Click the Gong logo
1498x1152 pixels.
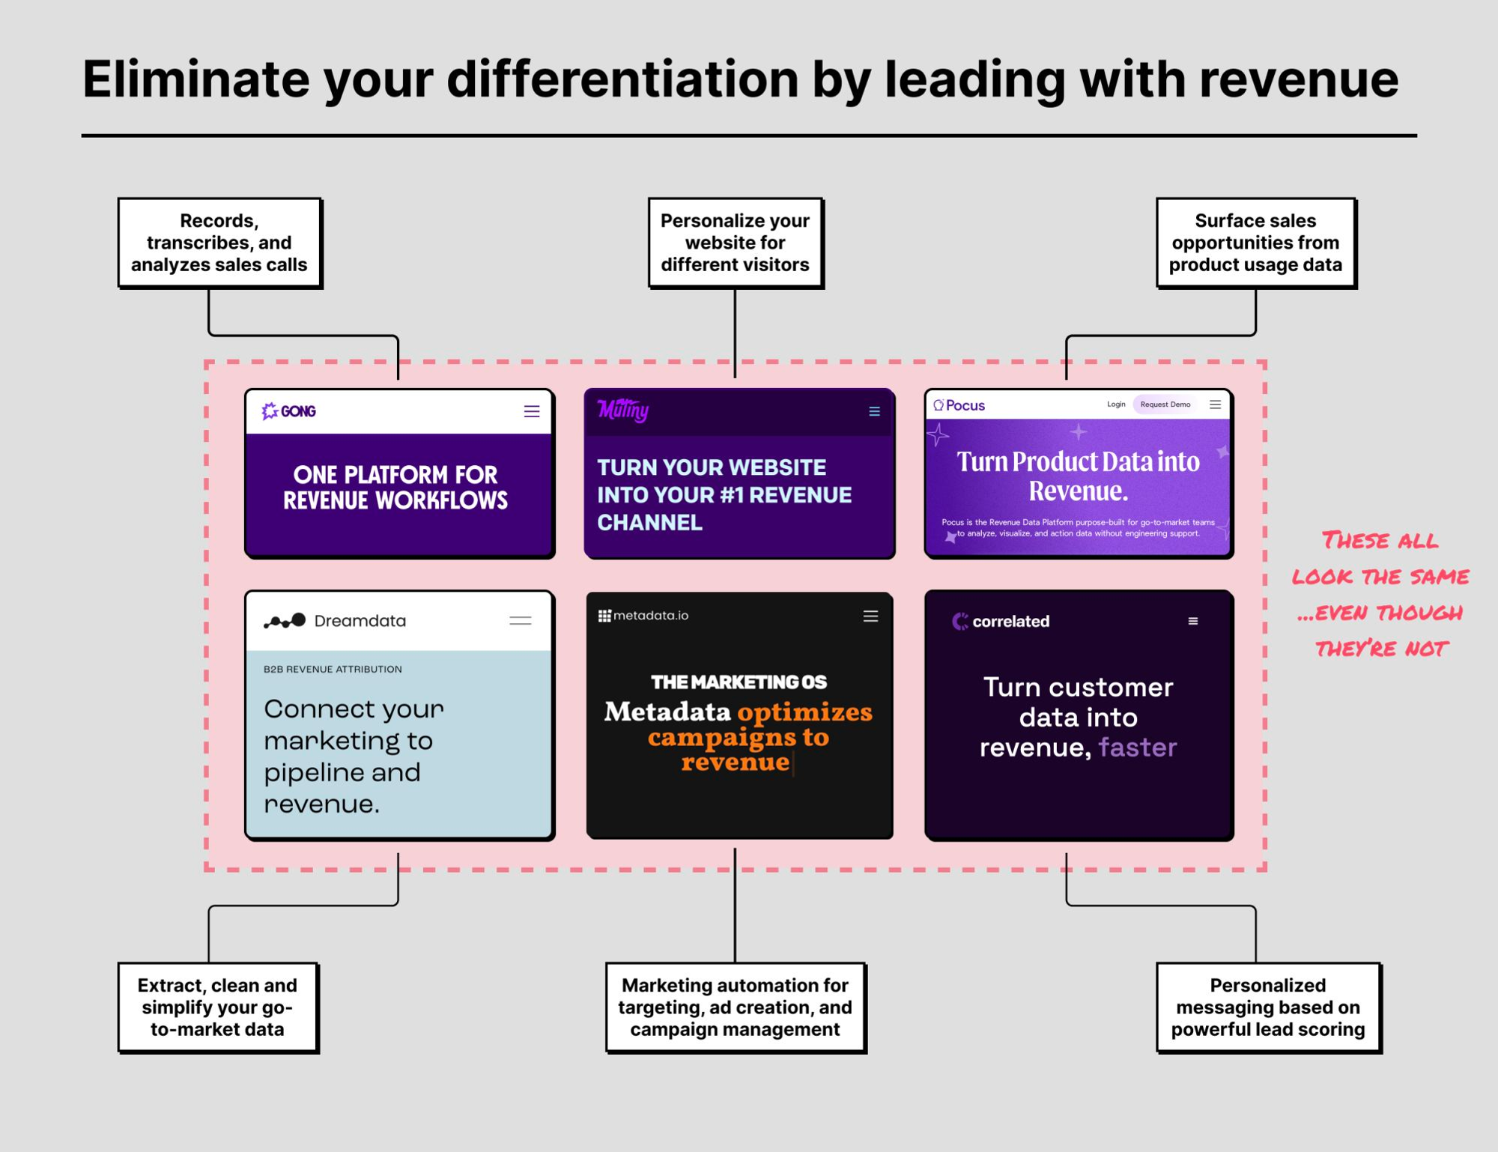(x=289, y=411)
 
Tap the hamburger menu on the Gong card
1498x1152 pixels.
(x=532, y=411)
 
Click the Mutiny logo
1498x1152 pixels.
(x=623, y=410)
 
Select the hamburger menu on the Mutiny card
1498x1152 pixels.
(x=874, y=411)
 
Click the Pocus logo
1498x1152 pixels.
(x=959, y=405)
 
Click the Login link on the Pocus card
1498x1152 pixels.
(x=1116, y=404)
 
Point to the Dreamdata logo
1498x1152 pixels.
(x=335, y=621)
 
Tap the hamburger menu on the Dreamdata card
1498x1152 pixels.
(x=521, y=620)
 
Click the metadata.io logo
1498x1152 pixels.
(x=643, y=616)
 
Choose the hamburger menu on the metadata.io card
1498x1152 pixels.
(x=870, y=616)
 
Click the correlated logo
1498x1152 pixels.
(x=1001, y=621)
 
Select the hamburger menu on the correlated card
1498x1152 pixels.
(x=1193, y=621)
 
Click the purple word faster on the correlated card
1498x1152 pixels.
(x=1138, y=748)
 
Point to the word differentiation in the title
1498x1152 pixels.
(x=622, y=79)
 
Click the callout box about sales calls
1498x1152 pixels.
(x=219, y=243)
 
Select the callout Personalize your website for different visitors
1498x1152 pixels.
(x=736, y=243)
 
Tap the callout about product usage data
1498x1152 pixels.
(x=1256, y=243)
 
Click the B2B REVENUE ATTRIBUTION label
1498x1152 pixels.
(x=333, y=669)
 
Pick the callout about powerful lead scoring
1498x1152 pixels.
(x=1268, y=1007)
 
